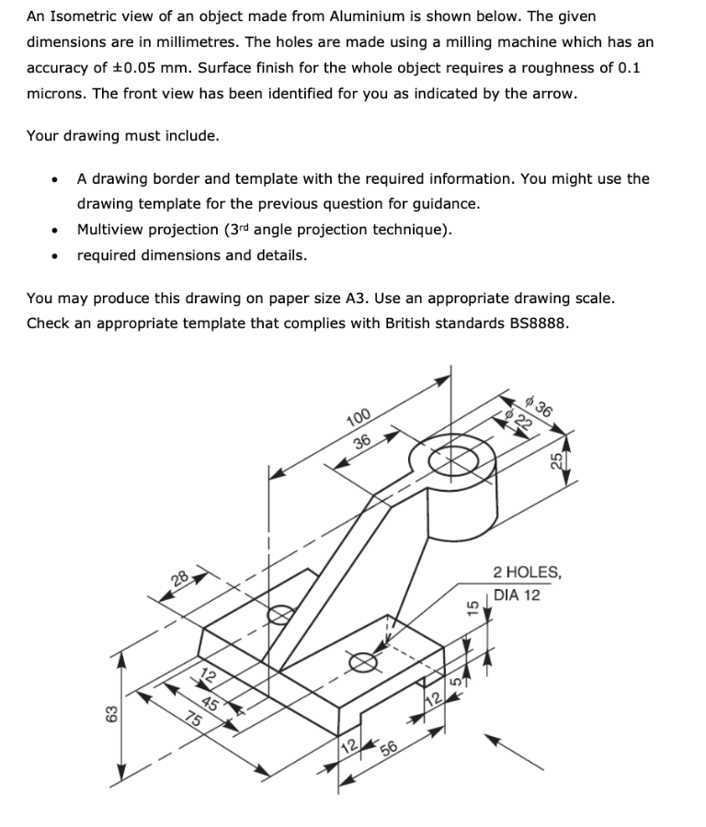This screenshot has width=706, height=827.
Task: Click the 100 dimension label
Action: coord(359,418)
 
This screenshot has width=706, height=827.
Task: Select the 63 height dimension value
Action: coord(111,714)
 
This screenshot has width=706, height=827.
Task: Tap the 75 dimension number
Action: coord(194,719)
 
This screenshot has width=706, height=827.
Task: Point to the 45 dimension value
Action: coord(210,703)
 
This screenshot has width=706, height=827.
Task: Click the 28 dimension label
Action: coord(180,579)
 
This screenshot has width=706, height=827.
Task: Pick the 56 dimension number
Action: coord(388,748)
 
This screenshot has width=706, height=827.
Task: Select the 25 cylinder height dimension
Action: coord(556,460)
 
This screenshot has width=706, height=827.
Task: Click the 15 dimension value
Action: coord(473,607)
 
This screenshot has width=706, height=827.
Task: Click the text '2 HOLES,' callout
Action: coord(527,572)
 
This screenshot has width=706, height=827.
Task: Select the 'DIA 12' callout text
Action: coord(517,595)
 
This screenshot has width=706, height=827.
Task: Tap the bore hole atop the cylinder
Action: coord(453,460)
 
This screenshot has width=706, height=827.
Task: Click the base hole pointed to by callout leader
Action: coord(363,662)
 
